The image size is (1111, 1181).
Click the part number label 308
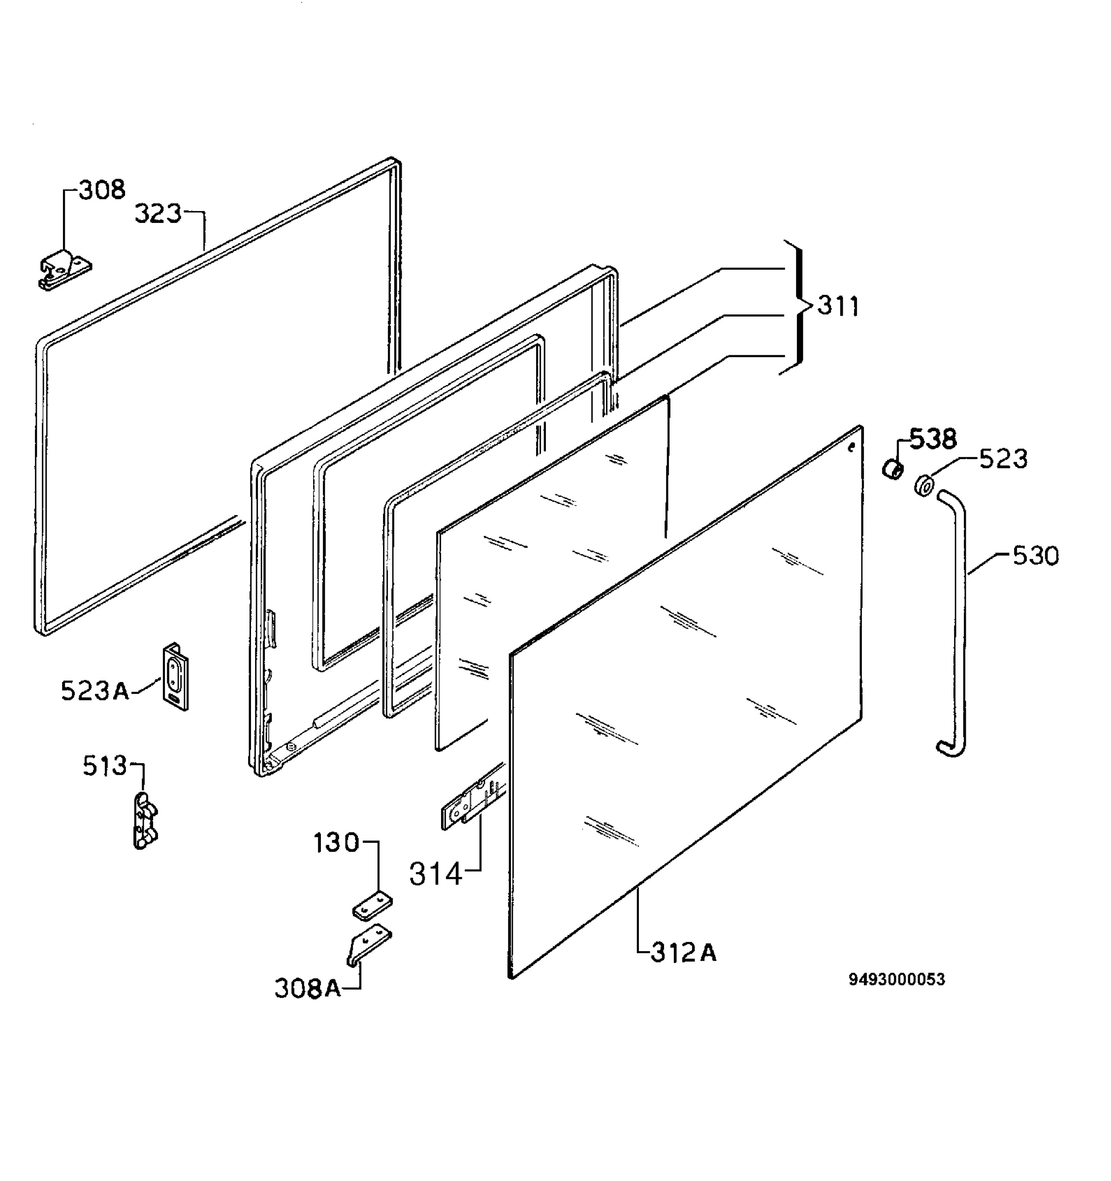[x=102, y=189]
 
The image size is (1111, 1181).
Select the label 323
[x=158, y=213]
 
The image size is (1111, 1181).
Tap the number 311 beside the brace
[x=838, y=306]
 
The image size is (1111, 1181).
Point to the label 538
[x=933, y=439]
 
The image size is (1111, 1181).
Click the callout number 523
[x=1004, y=459]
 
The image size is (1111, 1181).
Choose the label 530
[x=1036, y=556]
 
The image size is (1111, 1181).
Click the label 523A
[x=95, y=691]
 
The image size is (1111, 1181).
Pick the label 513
[x=105, y=766]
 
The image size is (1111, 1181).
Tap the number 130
[x=336, y=842]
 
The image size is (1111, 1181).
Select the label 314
[x=436, y=874]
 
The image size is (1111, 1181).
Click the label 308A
[x=308, y=989]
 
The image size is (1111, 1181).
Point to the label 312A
[x=684, y=953]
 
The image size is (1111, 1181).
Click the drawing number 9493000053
[x=896, y=980]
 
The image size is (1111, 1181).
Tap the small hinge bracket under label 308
[x=65, y=270]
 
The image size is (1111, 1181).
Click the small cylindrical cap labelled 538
[x=892, y=469]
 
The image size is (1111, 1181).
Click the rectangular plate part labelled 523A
[x=176, y=677]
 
